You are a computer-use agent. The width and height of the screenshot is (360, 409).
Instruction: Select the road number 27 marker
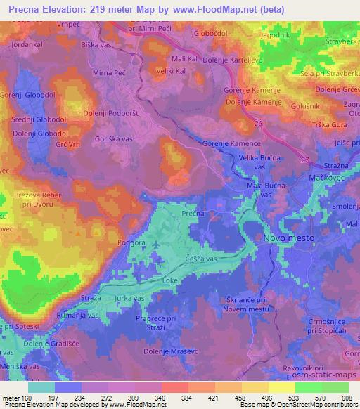pos(304,160)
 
